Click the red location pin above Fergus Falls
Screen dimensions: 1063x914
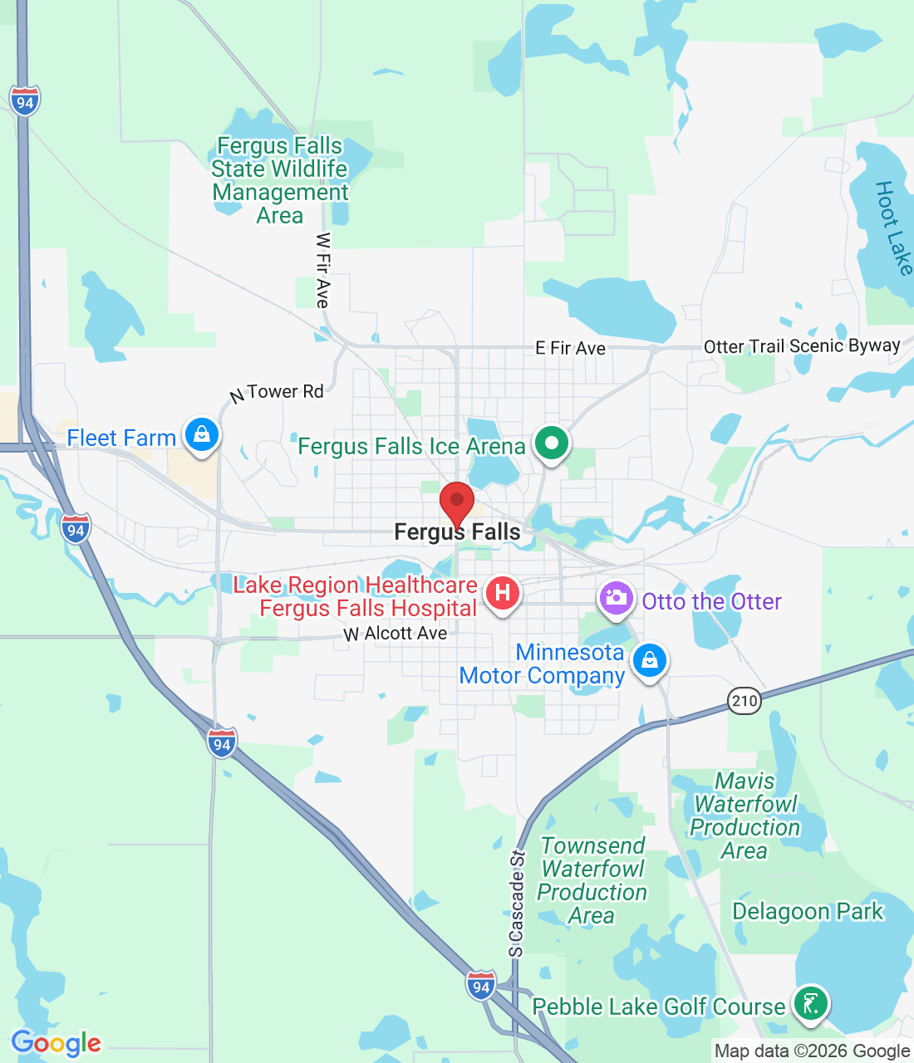(x=456, y=501)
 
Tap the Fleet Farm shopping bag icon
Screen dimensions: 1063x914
(x=201, y=434)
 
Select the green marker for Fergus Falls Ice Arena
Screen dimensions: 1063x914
(x=550, y=443)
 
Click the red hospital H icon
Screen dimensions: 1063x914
(x=502, y=594)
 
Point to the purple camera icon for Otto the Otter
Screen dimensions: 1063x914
(x=616, y=599)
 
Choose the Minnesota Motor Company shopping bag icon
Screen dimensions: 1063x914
(x=649, y=661)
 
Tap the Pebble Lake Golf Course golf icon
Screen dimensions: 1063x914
(x=810, y=1003)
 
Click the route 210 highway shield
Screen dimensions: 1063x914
(x=744, y=700)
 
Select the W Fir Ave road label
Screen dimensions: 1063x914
(x=323, y=270)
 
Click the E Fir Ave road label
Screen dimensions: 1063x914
(x=570, y=348)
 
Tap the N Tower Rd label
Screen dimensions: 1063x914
(x=277, y=393)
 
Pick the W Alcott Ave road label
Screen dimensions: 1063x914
(x=396, y=634)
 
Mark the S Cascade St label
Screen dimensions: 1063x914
(x=517, y=904)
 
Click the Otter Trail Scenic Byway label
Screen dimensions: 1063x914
(x=802, y=346)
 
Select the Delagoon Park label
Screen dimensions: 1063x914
(x=808, y=911)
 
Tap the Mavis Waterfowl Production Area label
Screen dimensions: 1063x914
(x=745, y=816)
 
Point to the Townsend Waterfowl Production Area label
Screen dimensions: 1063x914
(x=592, y=880)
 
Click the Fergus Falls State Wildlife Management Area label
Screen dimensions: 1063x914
(x=280, y=180)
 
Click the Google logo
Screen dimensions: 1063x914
(x=57, y=1043)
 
